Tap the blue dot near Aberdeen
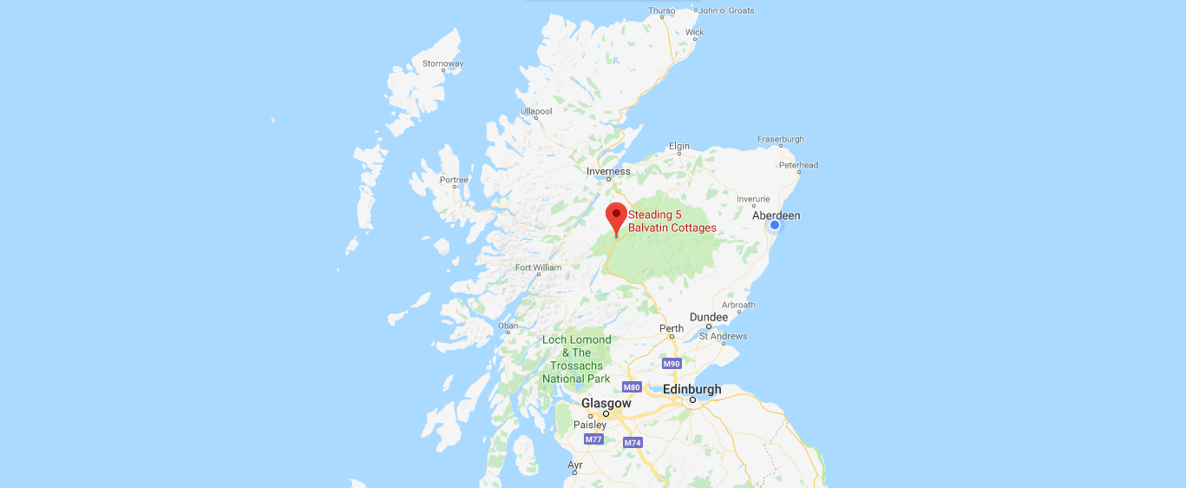click(775, 225)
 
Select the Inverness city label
click(608, 171)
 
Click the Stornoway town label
click(442, 63)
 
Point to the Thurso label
click(661, 10)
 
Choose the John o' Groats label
click(726, 10)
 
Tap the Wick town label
click(694, 32)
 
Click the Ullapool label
click(535, 111)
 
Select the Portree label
click(454, 181)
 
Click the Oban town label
click(508, 326)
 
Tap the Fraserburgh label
click(780, 139)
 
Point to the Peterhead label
click(798, 165)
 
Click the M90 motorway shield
click(671, 363)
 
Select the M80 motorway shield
click(632, 386)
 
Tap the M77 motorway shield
click(593, 439)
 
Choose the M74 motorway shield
click(632, 443)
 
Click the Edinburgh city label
click(691, 389)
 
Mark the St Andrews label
click(723, 336)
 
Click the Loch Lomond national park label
click(576, 359)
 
